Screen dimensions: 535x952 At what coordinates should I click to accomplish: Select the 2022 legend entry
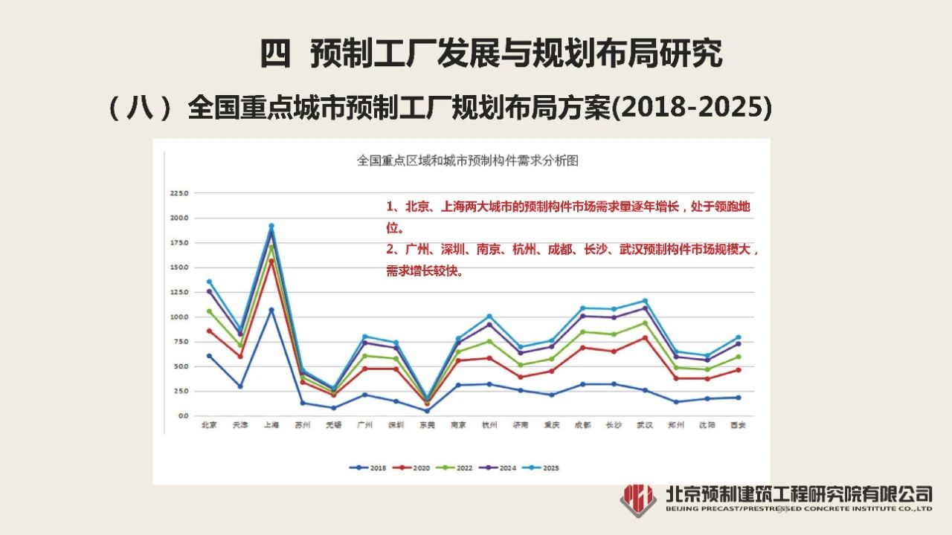pos(456,467)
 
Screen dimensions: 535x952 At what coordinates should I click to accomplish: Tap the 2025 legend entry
pos(542,467)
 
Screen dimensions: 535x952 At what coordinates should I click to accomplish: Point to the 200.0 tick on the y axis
pos(180,218)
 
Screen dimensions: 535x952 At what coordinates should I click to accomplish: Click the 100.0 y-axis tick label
pos(180,317)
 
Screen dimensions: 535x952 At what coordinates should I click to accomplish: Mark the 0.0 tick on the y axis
pos(183,415)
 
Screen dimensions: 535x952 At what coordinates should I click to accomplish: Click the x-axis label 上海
pos(271,426)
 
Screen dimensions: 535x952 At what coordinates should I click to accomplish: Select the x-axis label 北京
pos(209,426)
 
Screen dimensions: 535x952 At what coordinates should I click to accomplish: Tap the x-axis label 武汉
pos(644,426)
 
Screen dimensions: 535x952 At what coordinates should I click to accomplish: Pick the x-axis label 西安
pos(737,426)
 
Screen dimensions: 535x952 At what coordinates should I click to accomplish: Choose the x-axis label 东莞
pos(426,426)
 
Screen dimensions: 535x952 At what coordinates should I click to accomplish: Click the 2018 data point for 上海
pos(271,310)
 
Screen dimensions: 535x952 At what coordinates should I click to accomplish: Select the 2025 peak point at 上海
pos(271,226)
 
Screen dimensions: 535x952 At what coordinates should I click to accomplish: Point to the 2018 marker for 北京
pos(209,356)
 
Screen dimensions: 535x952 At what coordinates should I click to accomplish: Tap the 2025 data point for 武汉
pos(645,301)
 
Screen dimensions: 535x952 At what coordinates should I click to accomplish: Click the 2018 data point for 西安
pos(738,397)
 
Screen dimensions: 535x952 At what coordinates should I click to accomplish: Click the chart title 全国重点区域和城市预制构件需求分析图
pos(467,160)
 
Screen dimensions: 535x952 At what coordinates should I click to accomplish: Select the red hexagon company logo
pos(638,499)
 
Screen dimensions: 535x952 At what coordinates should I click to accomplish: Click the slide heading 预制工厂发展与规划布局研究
pos(516,53)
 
